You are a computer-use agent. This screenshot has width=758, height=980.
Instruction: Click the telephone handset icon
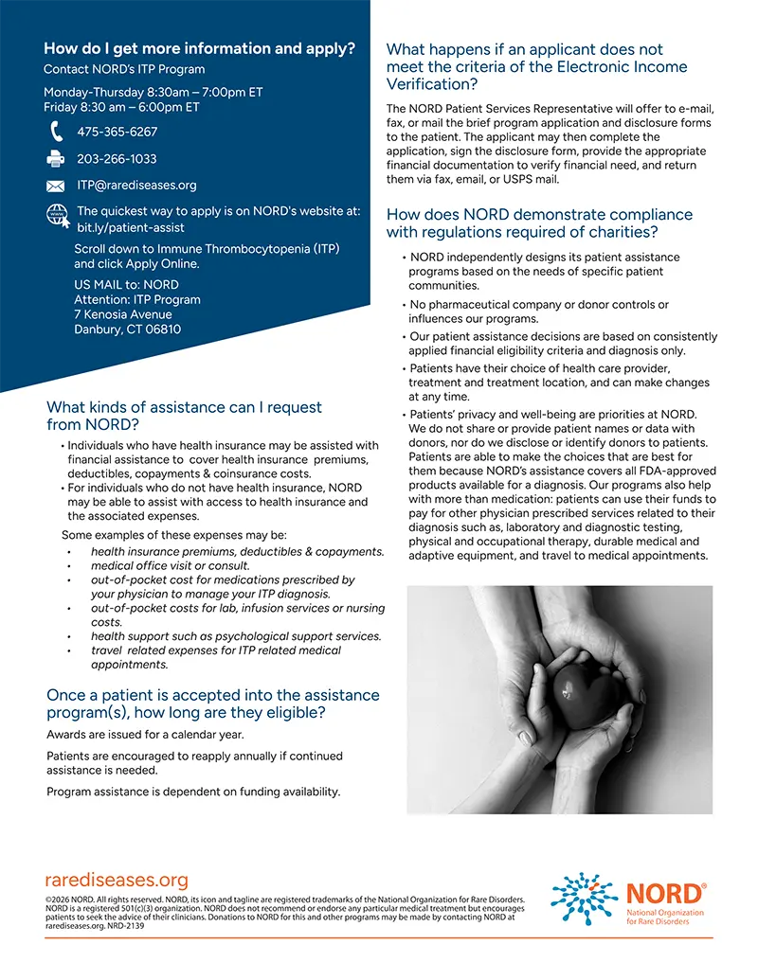(56, 132)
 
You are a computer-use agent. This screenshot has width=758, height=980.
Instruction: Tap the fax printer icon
(56, 159)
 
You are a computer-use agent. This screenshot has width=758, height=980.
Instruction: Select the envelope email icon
(56, 186)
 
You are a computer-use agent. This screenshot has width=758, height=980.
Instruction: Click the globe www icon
(58, 216)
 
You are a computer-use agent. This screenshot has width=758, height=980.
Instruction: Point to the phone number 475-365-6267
(117, 133)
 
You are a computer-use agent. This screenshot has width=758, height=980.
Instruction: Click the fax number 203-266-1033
(117, 159)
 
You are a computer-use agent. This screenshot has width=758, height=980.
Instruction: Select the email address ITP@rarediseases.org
(136, 186)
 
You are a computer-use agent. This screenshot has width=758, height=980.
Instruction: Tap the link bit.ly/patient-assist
(131, 228)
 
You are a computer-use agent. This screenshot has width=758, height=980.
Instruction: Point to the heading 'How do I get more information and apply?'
(200, 48)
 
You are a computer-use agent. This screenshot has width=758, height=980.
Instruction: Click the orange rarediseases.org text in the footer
(117, 881)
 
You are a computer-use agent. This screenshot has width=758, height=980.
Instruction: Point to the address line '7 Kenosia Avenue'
(123, 314)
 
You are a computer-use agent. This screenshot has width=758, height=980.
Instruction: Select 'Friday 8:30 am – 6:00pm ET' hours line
(121, 107)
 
